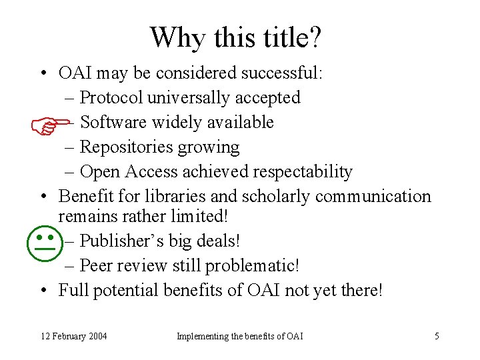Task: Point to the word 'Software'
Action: [x=113, y=122]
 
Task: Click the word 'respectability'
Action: [x=302, y=171]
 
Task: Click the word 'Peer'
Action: [x=97, y=265]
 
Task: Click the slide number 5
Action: [x=437, y=336]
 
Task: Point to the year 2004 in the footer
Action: [x=96, y=336]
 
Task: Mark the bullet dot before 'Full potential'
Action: [x=43, y=291]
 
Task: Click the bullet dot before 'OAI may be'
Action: [x=43, y=73]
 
